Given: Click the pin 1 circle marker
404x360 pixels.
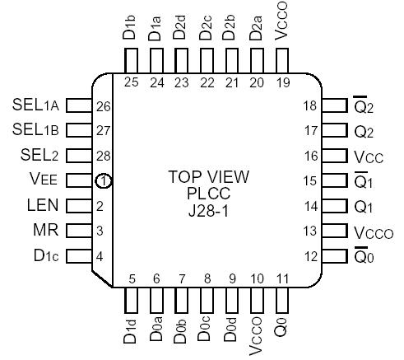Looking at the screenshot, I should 104,181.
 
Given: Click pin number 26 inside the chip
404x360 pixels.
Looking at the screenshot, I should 104,105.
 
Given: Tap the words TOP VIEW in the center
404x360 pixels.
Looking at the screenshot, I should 207,177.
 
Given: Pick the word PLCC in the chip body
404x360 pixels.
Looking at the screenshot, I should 207,194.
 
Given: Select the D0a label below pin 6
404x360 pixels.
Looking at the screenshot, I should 156,332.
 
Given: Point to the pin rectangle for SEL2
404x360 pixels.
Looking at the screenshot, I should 77,156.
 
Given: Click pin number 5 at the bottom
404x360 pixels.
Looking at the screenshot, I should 131,279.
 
